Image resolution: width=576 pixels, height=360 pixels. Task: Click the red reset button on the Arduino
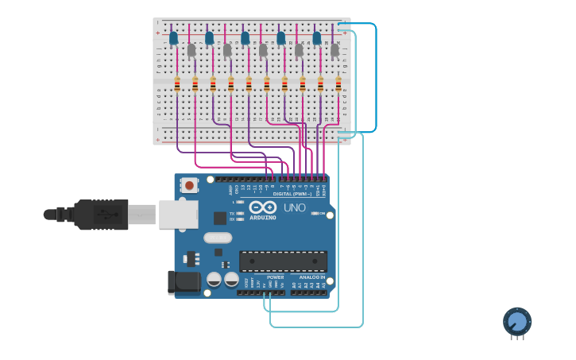189,185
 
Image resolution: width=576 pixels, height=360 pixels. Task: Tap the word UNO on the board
295,208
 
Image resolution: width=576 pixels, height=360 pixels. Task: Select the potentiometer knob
516,322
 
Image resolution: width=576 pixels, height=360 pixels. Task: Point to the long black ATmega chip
283,261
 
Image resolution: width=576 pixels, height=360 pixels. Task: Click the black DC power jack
183,281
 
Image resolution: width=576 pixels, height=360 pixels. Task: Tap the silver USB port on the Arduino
177,214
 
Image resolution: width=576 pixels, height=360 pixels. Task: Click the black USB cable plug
101,215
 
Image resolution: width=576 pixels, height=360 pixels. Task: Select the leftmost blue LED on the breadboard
173,38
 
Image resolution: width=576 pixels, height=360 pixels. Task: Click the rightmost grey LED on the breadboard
334,50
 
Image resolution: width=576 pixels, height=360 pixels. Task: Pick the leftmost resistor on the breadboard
176,84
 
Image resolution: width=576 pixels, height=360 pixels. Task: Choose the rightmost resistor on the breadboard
338,84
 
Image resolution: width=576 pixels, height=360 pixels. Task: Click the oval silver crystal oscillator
217,237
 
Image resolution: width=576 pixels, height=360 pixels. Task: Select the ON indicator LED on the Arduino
315,213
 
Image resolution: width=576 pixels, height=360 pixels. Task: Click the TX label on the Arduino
232,213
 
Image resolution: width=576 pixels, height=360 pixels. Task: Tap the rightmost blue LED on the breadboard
316,38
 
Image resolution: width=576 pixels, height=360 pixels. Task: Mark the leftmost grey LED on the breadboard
191,50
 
